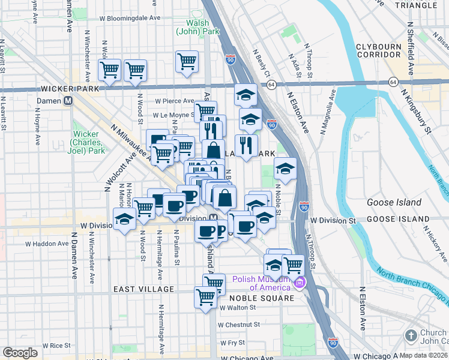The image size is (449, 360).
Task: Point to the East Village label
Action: point(143,289)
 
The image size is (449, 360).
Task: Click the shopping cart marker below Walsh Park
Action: point(187,61)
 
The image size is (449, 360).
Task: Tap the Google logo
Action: point(20,353)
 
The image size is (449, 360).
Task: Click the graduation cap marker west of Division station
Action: point(124,220)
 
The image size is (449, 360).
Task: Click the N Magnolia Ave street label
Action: point(331,112)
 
